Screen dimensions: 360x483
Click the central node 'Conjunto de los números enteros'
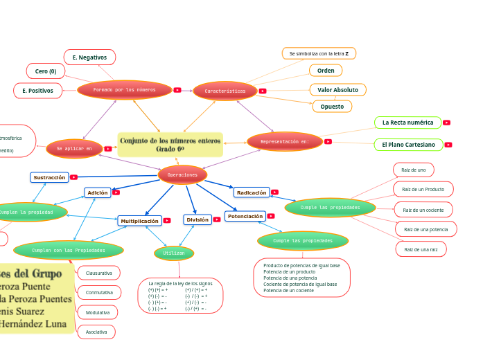pos(170,145)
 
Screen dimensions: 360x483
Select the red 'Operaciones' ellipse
pos(182,174)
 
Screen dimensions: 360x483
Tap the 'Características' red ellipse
pos(225,91)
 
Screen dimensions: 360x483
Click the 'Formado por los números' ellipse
pos(125,89)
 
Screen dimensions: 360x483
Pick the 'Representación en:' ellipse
pos(284,141)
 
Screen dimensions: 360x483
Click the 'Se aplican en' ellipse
pos(74,148)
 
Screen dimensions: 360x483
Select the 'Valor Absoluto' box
pos(337,90)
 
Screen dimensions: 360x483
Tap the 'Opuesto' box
pos(332,106)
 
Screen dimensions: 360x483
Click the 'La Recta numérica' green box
pos(407,123)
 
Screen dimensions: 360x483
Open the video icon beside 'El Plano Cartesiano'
pos(448,145)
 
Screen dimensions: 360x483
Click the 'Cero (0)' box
pos(46,71)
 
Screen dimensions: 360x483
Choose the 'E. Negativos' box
pos(89,57)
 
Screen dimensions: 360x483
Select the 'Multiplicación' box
pos(139,221)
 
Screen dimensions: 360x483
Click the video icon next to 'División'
pos(217,219)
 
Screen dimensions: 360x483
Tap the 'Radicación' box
pos(252,192)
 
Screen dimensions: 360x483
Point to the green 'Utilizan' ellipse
pos(174,253)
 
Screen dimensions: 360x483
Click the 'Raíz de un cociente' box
pos(423,209)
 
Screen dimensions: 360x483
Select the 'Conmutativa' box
pos(99,292)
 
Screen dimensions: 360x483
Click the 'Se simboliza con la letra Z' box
pos(319,53)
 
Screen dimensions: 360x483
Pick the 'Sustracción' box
pos(49,177)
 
